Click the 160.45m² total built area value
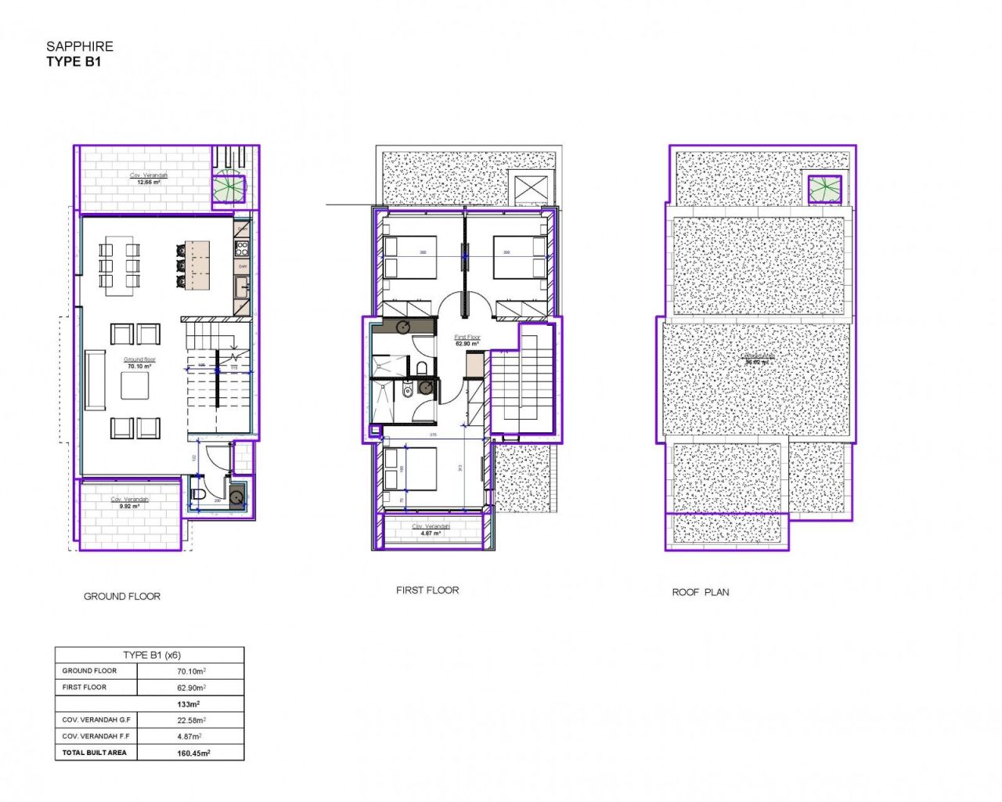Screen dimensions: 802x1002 193,753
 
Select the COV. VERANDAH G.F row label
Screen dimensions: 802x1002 96,720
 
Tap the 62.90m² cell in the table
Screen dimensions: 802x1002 191,688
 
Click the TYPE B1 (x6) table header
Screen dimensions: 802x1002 151,655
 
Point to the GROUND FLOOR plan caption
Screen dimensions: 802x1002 122,596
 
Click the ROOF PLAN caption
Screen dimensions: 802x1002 700,592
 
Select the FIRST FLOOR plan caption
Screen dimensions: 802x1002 427,590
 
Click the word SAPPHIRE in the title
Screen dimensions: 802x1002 80,46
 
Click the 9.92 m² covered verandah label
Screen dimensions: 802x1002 129,506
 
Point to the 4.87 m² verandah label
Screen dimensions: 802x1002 431,533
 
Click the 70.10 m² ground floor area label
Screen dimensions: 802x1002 139,366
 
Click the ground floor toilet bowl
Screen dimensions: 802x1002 197,494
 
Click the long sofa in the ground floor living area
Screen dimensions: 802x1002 95,380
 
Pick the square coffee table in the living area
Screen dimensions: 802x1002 135,385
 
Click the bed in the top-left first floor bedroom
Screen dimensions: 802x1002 409,257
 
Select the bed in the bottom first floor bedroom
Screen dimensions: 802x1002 409,468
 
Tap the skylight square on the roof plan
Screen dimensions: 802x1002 825,189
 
